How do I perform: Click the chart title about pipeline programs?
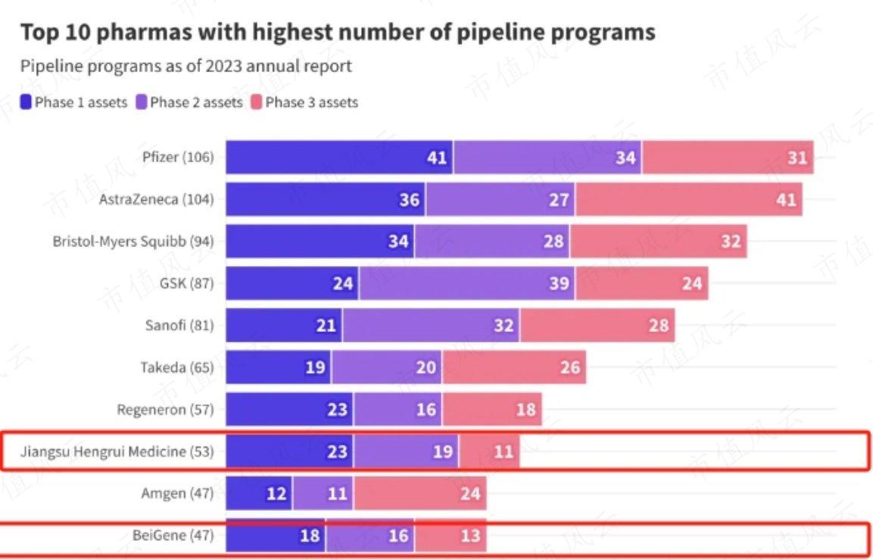337,33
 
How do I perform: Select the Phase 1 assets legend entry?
74,102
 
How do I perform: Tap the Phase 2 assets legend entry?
189,102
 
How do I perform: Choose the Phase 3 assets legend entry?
304,102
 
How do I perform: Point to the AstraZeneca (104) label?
157,199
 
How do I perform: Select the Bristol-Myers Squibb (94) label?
133,242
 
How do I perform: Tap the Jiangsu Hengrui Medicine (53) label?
117,452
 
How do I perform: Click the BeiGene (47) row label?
173,536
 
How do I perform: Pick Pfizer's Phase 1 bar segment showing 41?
339,158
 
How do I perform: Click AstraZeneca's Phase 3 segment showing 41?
688,199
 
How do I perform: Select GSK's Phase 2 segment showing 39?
466,283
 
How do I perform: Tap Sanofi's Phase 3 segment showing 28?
597,326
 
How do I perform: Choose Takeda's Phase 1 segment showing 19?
279,368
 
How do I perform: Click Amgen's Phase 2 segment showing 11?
323,494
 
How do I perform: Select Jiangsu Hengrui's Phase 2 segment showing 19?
406,452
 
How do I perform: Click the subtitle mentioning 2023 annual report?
186,66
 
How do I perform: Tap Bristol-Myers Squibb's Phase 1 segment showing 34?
320,242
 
